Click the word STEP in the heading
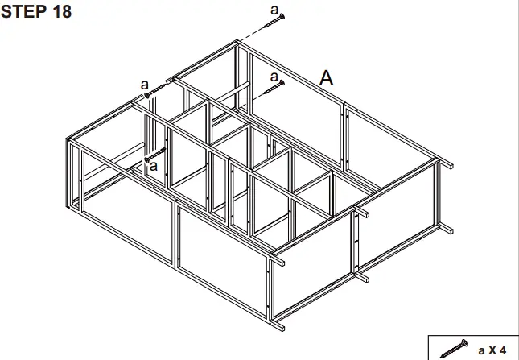(23, 12)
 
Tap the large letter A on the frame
(326, 78)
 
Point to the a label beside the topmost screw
(274, 9)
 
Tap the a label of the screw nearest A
(274, 77)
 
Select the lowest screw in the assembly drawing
(155, 155)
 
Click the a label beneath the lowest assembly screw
(154, 168)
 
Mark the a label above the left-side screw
(144, 83)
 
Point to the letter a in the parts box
(481, 350)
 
